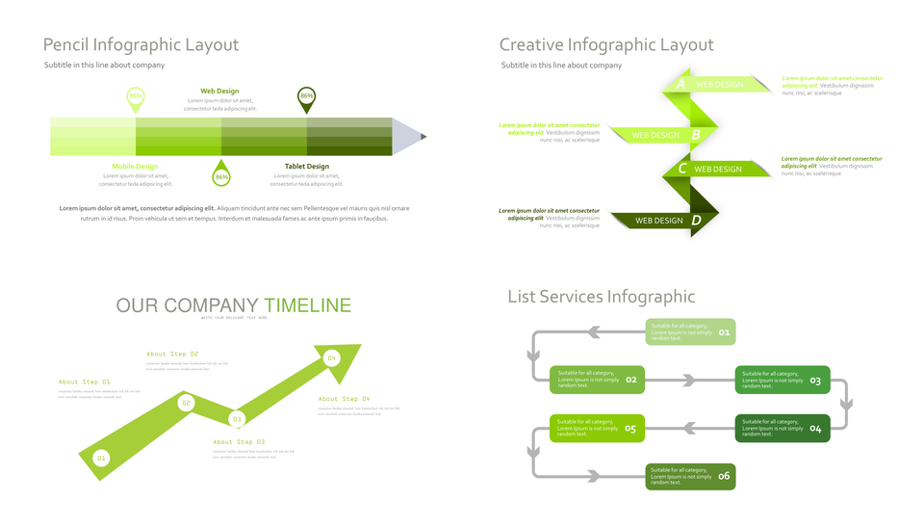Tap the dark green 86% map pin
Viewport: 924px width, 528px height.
(x=306, y=97)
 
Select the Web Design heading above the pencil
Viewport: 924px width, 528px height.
(x=219, y=92)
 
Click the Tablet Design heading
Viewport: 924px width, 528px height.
(x=306, y=167)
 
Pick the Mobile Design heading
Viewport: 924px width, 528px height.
(x=135, y=167)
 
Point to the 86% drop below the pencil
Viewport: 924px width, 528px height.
(x=221, y=175)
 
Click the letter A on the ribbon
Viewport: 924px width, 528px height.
(x=681, y=84)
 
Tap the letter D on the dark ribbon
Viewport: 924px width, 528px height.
(x=696, y=220)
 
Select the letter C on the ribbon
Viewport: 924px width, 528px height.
(x=681, y=169)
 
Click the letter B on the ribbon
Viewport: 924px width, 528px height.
(x=696, y=135)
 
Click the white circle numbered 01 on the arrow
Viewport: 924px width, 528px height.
(x=101, y=458)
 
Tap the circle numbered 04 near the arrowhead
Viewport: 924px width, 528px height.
(x=331, y=358)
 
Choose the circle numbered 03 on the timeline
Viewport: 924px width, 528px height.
(x=236, y=419)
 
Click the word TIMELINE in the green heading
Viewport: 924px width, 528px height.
(x=307, y=305)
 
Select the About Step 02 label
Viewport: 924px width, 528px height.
(x=172, y=355)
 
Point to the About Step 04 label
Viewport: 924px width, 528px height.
(x=344, y=399)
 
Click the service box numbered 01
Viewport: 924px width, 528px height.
(x=690, y=332)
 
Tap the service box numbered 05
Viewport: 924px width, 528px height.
(x=597, y=429)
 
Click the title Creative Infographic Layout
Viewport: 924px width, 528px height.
(x=606, y=45)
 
